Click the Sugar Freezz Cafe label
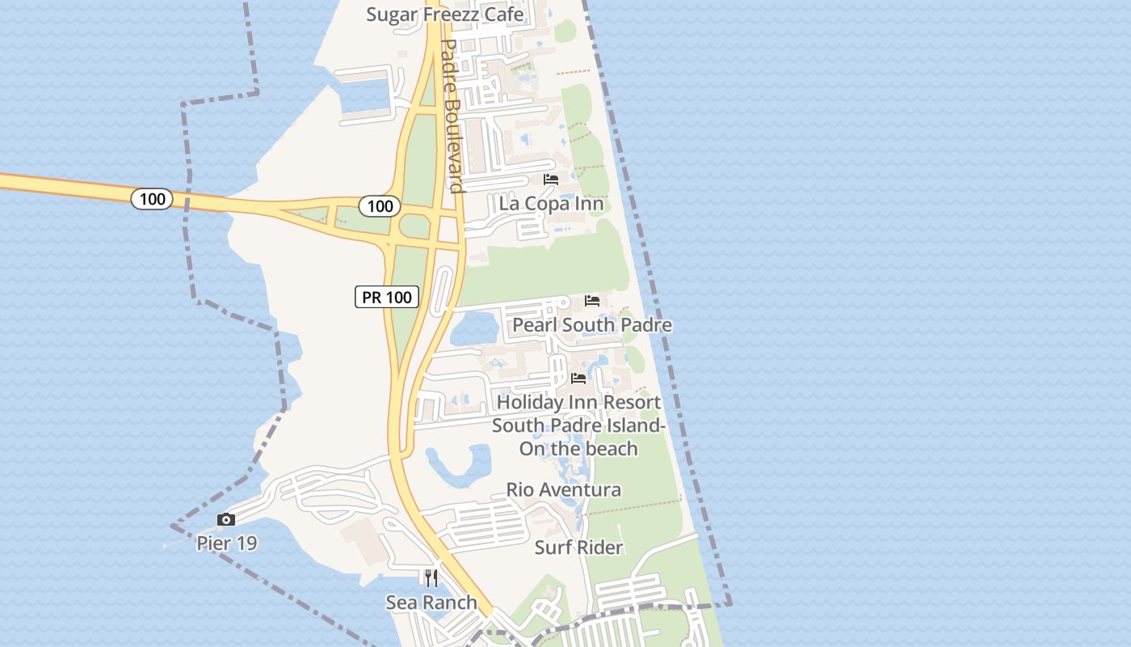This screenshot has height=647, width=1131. point(444,15)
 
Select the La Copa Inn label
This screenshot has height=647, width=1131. point(551,203)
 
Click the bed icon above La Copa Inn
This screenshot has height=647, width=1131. point(551,180)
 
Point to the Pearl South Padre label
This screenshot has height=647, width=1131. point(592,325)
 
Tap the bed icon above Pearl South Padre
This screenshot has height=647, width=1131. point(592,301)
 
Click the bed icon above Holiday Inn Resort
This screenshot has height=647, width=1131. point(578,378)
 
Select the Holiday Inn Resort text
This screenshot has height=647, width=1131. point(578,402)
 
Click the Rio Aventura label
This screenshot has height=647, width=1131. point(564,490)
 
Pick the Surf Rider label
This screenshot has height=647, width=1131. point(578,548)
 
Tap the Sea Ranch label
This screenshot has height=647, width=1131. point(431,603)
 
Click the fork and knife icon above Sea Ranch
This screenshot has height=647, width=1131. point(431,577)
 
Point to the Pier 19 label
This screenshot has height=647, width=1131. point(227,543)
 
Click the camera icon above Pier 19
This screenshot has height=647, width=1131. point(226,519)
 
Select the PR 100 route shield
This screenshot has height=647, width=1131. point(387,297)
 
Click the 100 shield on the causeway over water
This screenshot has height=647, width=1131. point(152,198)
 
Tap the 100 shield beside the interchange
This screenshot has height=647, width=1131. point(380,205)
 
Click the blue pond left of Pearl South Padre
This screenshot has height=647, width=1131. point(473,328)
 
